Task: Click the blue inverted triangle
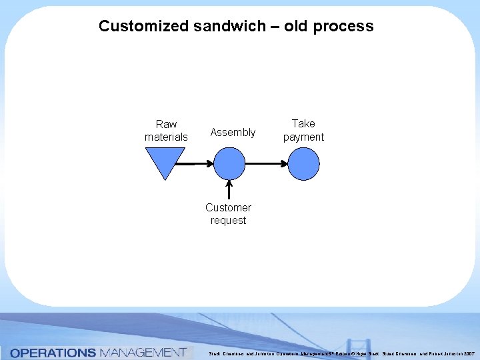pyautogui.click(x=164, y=161)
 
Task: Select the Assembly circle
pyautogui.click(x=229, y=163)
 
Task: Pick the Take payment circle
pyautogui.click(x=304, y=163)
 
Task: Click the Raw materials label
pyautogui.click(x=166, y=131)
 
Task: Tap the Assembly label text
pyautogui.click(x=233, y=132)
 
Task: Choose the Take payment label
pyautogui.click(x=303, y=130)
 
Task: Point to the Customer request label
pyautogui.click(x=228, y=214)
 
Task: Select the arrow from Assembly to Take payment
pyautogui.click(x=267, y=163)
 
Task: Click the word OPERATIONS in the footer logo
pyautogui.click(x=53, y=353)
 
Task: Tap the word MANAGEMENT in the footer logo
pyautogui.click(x=143, y=353)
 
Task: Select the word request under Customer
pyautogui.click(x=228, y=221)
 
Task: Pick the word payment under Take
pyautogui.click(x=303, y=137)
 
